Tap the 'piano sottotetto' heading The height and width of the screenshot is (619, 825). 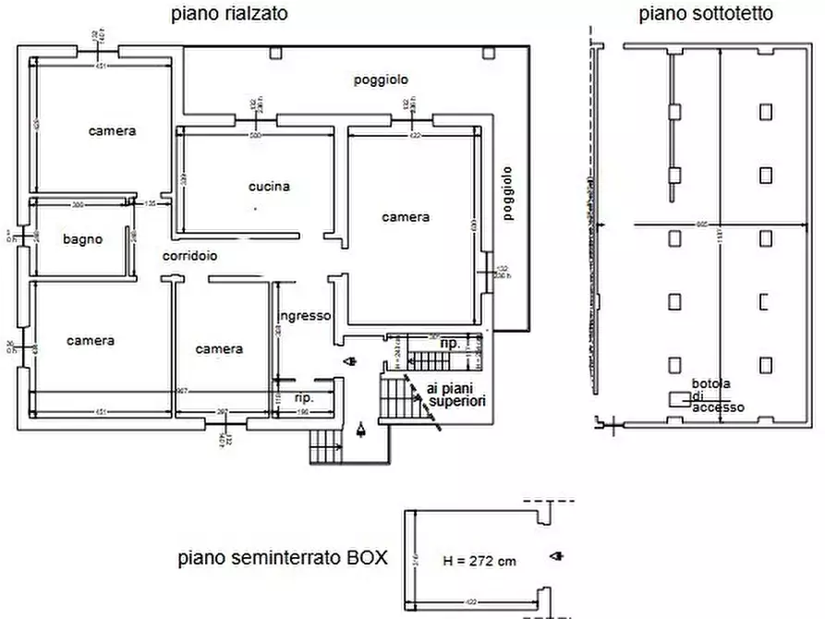coord(706,14)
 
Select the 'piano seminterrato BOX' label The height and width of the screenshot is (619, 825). coord(283,559)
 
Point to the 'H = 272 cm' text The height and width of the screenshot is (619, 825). coord(479,561)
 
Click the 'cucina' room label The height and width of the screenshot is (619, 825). coord(269,187)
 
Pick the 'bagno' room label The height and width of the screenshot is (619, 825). coord(82,239)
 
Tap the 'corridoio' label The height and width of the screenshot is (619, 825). coord(190,256)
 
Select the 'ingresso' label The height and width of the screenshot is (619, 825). coord(306,316)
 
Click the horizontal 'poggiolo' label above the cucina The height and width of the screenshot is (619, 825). coord(381,80)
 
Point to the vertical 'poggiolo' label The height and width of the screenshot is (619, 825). coord(508,194)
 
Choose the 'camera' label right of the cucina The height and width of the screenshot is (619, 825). coord(406,217)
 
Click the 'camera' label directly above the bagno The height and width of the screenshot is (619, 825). coord(112,131)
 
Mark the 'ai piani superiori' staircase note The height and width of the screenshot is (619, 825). coord(450,394)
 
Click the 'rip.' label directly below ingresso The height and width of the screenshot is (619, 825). coord(303,398)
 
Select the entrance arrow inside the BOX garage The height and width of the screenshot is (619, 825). coord(555,556)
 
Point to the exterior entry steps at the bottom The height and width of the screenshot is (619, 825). coord(325,449)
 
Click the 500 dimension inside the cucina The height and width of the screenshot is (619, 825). coord(256,137)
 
